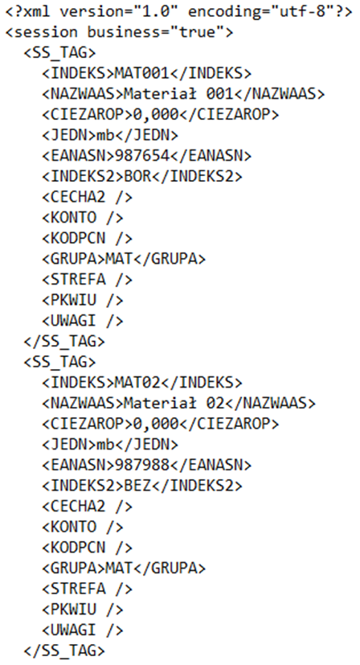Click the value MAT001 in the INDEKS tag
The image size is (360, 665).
click(x=142, y=73)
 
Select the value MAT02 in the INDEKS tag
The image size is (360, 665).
click(x=137, y=383)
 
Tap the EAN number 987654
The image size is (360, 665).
click(x=142, y=156)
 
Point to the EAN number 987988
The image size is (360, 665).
click(x=142, y=466)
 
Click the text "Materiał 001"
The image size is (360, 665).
click(x=178, y=94)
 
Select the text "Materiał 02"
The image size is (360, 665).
click(x=174, y=403)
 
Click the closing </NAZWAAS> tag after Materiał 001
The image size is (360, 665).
click(x=279, y=94)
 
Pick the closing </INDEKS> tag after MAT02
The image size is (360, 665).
click(x=202, y=383)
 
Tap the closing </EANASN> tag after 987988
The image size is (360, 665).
click(x=211, y=466)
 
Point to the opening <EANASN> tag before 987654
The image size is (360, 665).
click(x=79, y=156)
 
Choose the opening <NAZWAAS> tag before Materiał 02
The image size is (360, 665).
click(x=83, y=403)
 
